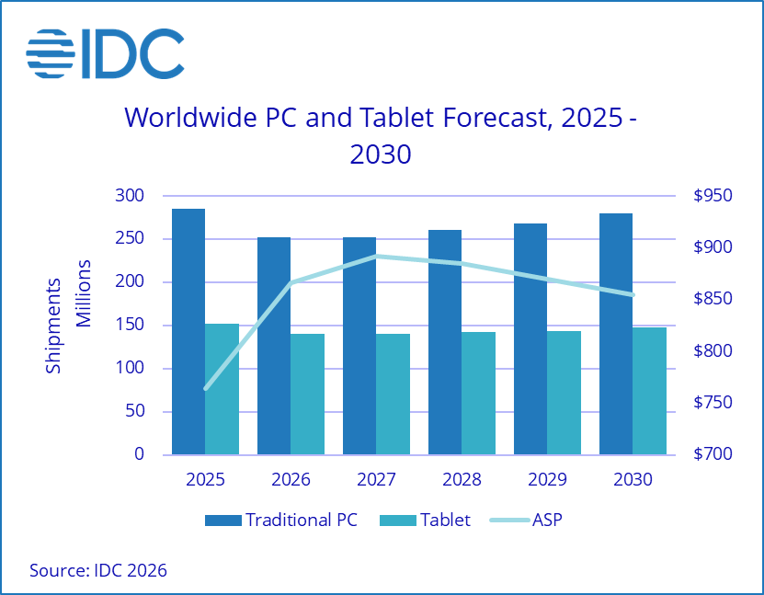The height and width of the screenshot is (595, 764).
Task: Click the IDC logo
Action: click(105, 53)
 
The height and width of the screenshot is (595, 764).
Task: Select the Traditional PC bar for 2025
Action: click(188, 331)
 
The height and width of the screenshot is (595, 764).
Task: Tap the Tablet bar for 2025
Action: click(222, 388)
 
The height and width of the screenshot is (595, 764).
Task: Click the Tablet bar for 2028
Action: click(478, 393)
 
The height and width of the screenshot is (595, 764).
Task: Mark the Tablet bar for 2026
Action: click(307, 394)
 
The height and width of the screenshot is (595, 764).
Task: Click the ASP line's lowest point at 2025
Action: click(205, 388)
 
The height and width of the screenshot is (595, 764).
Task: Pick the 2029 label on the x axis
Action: click(547, 480)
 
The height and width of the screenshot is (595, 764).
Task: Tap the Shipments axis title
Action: click(54, 325)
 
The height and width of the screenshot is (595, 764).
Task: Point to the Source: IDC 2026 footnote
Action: click(98, 570)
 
